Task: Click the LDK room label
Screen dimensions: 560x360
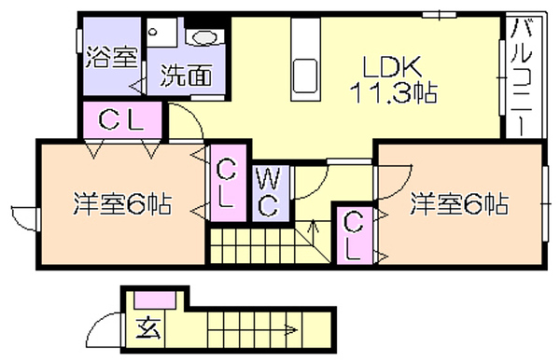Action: [x=392, y=67]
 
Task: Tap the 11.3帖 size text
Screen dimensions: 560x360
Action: [x=393, y=92]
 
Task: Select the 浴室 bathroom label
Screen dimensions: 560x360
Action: [x=112, y=57]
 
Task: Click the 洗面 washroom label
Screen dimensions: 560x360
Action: [x=186, y=76]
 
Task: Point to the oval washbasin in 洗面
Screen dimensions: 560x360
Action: [x=204, y=37]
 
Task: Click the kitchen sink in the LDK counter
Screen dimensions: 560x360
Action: [x=304, y=76]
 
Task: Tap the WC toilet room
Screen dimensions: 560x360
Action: [x=270, y=193]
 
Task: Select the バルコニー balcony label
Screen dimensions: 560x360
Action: [x=523, y=77]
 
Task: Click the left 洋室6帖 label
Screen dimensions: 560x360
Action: [x=122, y=203]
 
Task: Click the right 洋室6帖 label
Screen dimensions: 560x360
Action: [x=459, y=203]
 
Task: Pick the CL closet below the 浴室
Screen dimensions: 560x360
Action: [x=121, y=120]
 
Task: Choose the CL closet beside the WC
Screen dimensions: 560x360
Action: [x=228, y=183]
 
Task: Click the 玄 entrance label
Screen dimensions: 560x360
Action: [x=148, y=327]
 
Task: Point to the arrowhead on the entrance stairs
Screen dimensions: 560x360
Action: [x=293, y=330]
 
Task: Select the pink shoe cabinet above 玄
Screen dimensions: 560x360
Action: [x=155, y=299]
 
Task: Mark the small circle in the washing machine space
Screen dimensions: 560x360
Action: [x=153, y=32]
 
